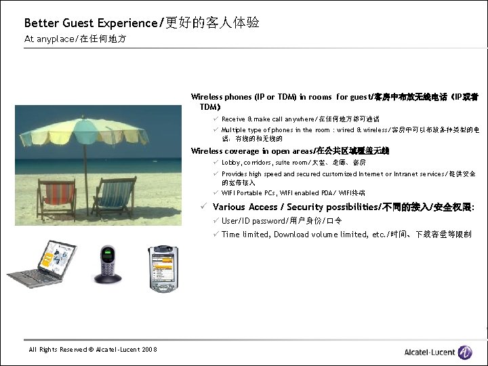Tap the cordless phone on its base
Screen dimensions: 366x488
108,264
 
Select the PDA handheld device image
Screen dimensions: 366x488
163,268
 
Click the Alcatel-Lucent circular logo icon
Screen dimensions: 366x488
464,351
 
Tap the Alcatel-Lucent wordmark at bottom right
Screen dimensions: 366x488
430,352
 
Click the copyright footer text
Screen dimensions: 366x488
92,349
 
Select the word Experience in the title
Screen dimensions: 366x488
128,23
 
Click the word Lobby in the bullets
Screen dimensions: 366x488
231,163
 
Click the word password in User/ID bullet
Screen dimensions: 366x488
269,221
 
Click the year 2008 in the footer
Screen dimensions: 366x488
149,349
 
